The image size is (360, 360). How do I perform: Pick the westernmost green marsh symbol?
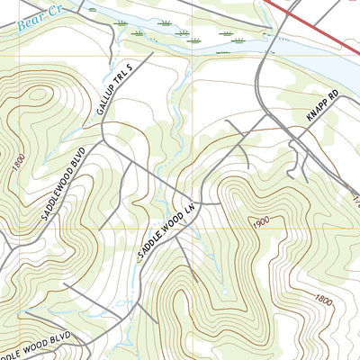point(136,33)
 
